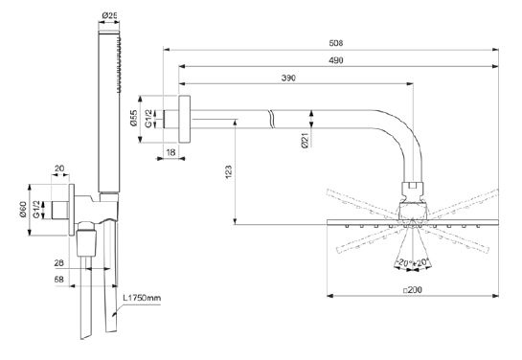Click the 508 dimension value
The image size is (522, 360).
(x=335, y=43)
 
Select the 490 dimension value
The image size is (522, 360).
(x=335, y=60)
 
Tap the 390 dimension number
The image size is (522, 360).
(x=288, y=78)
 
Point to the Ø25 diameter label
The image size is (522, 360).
(x=109, y=15)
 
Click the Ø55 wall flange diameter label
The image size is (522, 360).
(x=134, y=118)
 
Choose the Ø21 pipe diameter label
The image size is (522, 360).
(x=305, y=140)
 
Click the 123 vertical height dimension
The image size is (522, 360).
(x=229, y=171)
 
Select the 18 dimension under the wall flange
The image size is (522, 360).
(x=170, y=152)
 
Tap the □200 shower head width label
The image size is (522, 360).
(x=413, y=290)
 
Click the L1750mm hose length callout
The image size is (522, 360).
(x=142, y=298)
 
